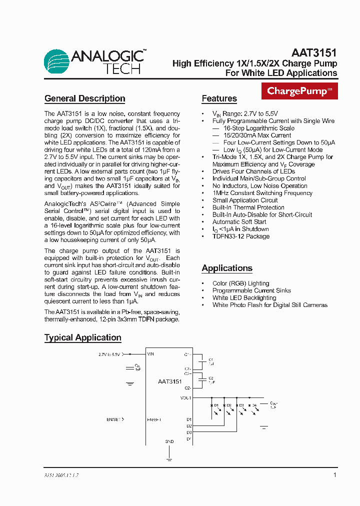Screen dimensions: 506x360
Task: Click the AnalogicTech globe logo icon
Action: (56, 61)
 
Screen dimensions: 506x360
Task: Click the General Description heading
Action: (84, 98)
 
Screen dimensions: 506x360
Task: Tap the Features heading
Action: (219, 98)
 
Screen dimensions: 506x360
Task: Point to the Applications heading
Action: (227, 268)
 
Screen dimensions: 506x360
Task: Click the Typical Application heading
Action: (83, 337)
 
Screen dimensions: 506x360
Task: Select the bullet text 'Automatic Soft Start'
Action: (239, 222)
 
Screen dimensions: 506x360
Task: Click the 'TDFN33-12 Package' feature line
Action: (240, 236)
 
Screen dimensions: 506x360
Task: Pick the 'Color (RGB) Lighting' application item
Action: (240, 283)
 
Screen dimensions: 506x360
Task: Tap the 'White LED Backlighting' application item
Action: (244, 298)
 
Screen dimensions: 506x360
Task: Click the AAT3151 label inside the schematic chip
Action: (170, 381)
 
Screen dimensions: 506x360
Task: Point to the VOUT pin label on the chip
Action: (185, 398)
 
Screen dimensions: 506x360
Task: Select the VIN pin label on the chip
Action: (151, 354)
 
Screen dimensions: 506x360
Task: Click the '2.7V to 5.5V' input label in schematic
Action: (109, 354)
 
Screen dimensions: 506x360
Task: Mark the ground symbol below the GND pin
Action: (169, 459)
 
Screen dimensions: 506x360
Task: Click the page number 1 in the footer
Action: (334, 475)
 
